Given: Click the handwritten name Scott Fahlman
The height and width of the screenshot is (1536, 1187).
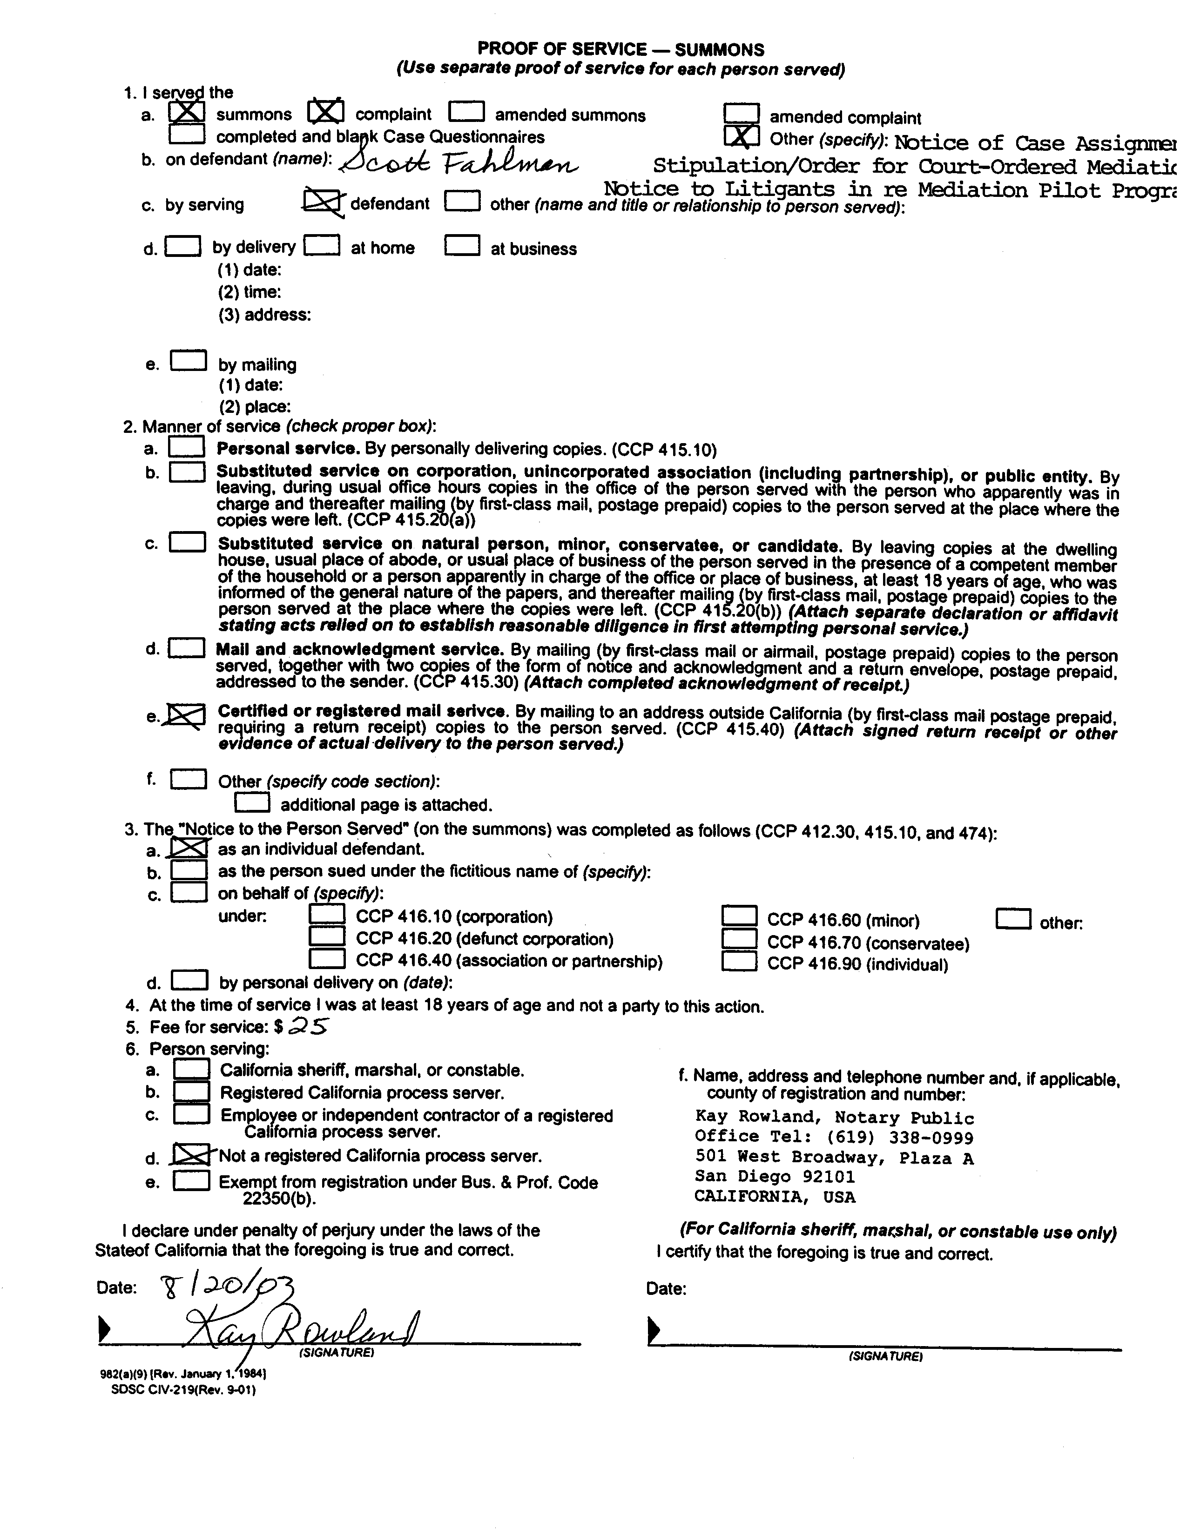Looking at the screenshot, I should [459, 163].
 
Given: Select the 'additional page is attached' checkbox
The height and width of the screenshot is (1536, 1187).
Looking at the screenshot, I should [252, 802].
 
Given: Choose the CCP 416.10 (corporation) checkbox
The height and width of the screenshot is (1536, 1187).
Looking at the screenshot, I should [327, 914].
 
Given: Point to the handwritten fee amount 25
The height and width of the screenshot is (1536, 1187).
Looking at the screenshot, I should [310, 1027].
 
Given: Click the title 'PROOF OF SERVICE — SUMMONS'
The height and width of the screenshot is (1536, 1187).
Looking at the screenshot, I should [620, 49].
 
